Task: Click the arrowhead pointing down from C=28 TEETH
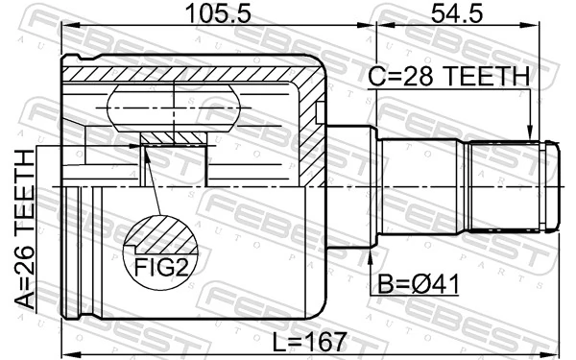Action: [528, 133]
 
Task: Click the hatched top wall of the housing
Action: [192, 73]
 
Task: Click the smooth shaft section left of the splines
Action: [422, 186]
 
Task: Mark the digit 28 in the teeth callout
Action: [418, 77]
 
